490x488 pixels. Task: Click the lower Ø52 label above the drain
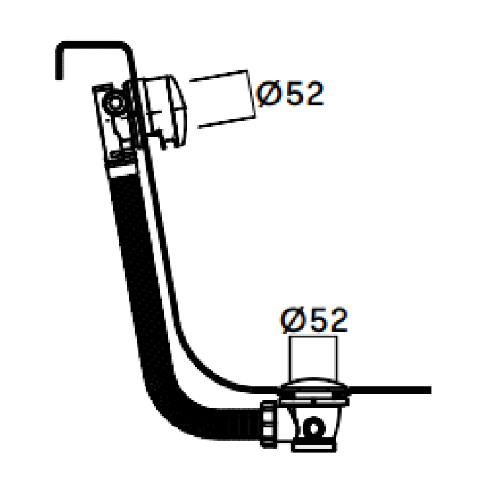tap(314, 320)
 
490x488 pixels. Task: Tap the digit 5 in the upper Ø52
tap(292, 94)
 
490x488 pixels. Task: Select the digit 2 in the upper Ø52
tap(312, 94)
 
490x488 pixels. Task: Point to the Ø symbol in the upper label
tap(268, 94)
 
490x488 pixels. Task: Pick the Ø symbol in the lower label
tap(292, 320)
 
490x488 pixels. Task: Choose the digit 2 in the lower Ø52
tap(336, 320)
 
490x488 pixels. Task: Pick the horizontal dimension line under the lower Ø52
tap(312, 337)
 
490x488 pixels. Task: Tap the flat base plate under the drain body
tap(312, 447)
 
